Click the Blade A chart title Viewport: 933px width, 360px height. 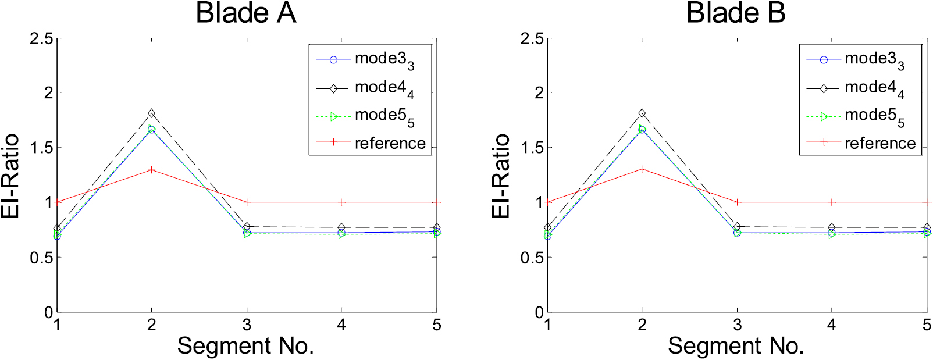click(x=246, y=13)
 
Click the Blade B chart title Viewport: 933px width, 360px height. click(x=736, y=13)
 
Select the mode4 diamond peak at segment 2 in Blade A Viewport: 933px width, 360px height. click(x=152, y=113)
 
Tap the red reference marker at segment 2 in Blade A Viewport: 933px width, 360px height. click(x=152, y=170)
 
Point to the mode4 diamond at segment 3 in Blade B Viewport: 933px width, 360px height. click(x=737, y=226)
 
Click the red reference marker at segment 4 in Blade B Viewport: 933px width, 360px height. click(x=832, y=202)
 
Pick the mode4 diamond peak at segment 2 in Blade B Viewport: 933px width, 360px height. click(x=642, y=113)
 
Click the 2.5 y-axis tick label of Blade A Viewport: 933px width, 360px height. click(x=41, y=39)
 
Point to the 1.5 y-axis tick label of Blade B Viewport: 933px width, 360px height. click(x=532, y=148)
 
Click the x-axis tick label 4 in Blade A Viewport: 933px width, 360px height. click(x=341, y=325)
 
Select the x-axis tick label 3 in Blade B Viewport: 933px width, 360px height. click(x=737, y=325)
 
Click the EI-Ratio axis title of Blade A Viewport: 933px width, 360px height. click(x=10, y=176)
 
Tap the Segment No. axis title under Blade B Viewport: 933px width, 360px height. click(x=736, y=346)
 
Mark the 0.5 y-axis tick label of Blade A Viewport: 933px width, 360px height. click(x=41, y=258)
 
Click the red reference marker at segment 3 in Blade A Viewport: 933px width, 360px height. click(x=247, y=202)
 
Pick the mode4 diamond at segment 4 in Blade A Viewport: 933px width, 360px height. click(x=341, y=227)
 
